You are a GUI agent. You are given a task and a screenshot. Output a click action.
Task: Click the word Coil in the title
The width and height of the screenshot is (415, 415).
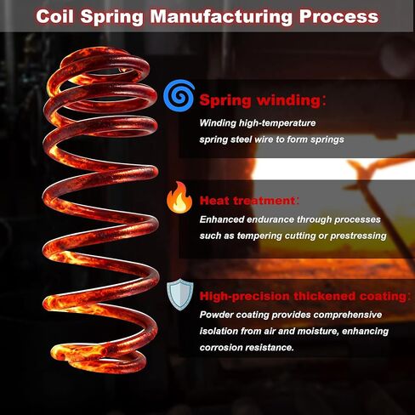tap(55, 16)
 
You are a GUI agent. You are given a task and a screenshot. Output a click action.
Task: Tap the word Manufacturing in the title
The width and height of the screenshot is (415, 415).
tap(222, 16)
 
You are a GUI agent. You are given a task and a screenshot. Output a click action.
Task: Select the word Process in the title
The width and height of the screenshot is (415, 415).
tap(338, 17)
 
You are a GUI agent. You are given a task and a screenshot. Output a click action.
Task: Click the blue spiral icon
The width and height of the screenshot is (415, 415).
tap(179, 95)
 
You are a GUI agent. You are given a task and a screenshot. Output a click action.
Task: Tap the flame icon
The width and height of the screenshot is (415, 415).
tap(179, 197)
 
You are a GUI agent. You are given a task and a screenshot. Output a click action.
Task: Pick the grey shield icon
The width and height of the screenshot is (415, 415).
tap(180, 294)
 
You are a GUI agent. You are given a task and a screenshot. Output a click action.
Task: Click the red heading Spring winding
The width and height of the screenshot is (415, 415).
tap(260, 100)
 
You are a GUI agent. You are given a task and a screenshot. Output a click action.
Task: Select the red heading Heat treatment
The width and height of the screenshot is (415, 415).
tap(247, 201)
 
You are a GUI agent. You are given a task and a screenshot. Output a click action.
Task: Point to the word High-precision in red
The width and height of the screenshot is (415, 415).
tap(245, 297)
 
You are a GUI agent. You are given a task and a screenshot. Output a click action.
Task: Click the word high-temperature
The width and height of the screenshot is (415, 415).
tap(277, 123)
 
